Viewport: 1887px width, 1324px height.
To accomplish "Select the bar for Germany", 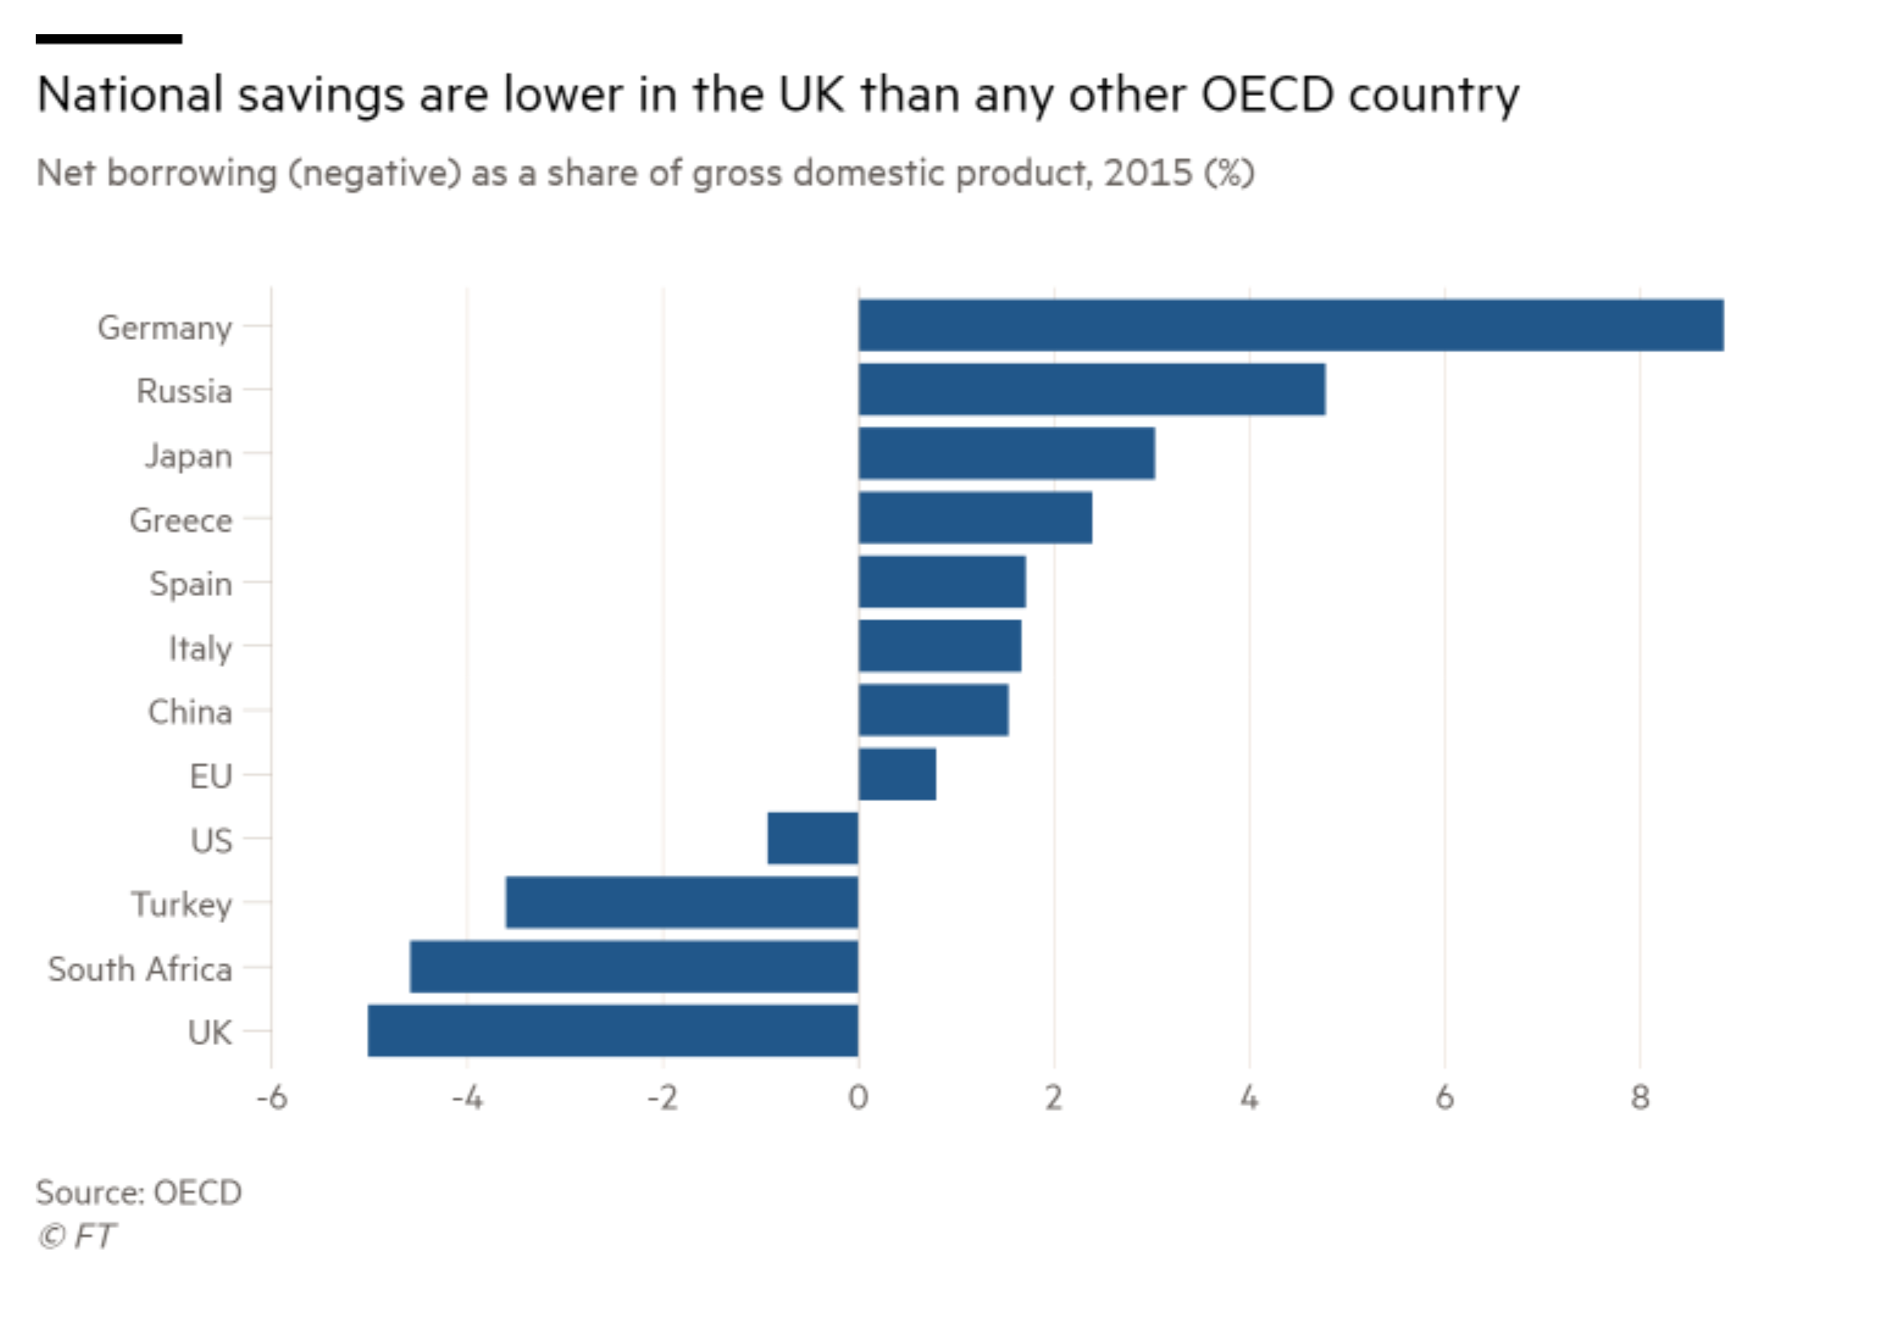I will [1290, 325].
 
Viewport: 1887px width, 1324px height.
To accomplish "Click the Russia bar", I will [1092, 390].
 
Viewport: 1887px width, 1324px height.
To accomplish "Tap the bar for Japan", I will [1006, 454].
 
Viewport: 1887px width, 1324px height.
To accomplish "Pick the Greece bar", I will [974, 518].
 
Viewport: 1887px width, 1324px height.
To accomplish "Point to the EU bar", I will [896, 774].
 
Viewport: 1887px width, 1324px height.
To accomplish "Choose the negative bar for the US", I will [813, 838].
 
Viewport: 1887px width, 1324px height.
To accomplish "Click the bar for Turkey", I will [682, 903].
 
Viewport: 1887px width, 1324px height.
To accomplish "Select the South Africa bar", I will [634, 966].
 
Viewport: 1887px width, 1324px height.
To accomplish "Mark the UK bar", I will [613, 1030].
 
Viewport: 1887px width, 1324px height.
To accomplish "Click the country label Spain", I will [190, 583].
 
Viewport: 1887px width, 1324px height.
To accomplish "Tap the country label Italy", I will [200, 648].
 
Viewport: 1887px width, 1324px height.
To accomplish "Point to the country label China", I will [190, 712].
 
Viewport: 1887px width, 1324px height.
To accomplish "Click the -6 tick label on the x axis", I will [272, 1098].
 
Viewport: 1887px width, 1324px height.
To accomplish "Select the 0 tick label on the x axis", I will [858, 1098].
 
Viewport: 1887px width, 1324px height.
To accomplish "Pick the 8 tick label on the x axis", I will [1640, 1098].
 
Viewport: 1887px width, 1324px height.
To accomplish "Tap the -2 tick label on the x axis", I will [662, 1098].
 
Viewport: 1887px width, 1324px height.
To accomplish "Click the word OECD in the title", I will [1266, 94].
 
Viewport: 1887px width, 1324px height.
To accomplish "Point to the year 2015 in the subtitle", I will [1148, 173].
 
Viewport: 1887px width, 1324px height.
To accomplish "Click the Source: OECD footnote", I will [139, 1192].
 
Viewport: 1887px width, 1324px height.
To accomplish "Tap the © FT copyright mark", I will [76, 1237].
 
